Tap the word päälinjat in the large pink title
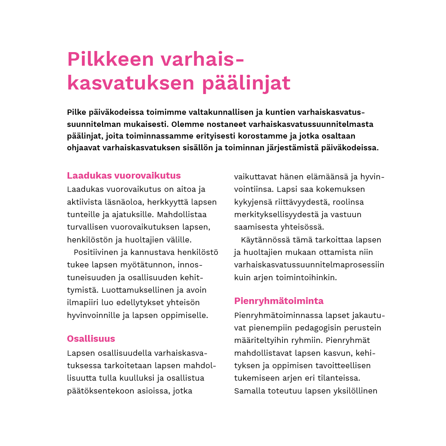click(x=246, y=83)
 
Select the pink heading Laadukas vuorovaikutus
click(x=124, y=176)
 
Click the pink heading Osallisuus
click(x=91, y=339)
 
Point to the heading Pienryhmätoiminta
click(x=279, y=301)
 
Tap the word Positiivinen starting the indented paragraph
click(x=96, y=252)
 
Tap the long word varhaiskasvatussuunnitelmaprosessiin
click(x=309, y=265)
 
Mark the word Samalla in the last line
click(x=250, y=391)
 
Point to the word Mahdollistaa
click(x=182, y=215)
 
